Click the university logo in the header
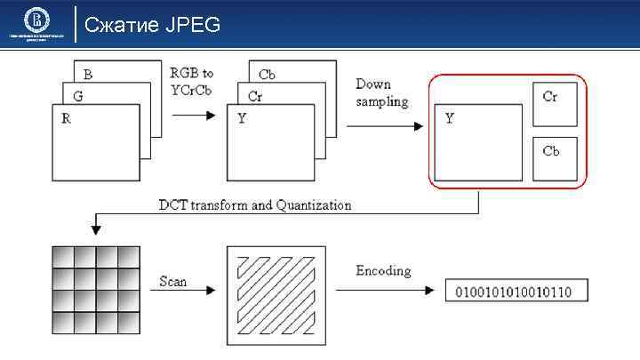point(36,21)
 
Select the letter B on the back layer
point(88,73)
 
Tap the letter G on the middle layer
point(77,95)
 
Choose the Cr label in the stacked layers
point(254,96)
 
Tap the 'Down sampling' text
point(381,92)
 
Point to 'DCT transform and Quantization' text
point(254,204)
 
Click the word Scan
point(173,280)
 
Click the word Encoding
point(384,269)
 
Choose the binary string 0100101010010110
point(513,291)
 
